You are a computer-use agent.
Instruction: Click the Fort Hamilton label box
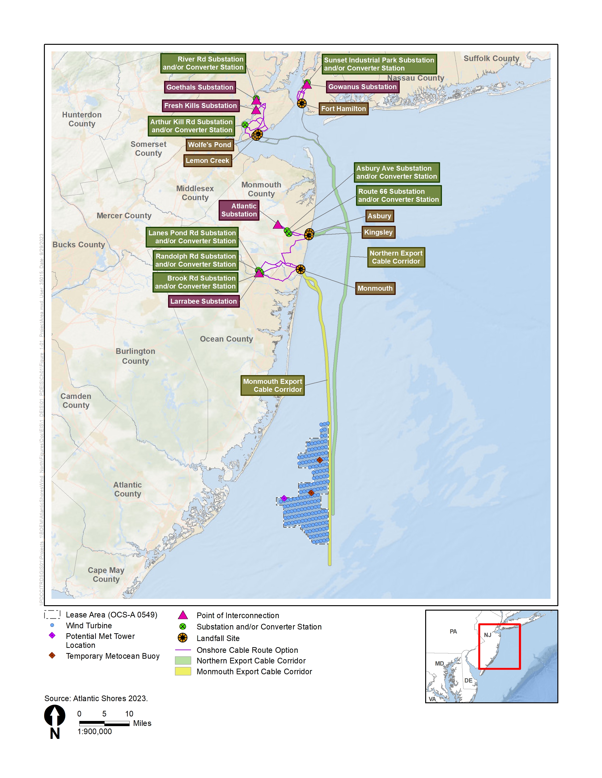(343, 109)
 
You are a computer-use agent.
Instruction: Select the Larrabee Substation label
(203, 301)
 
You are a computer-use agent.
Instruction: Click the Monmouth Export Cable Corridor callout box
(272, 385)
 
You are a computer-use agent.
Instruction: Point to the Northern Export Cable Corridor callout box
(396, 257)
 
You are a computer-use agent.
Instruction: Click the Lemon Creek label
(208, 161)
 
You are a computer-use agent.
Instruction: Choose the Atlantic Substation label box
(239, 210)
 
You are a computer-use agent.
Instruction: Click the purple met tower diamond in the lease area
(284, 498)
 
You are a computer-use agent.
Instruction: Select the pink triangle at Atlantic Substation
(277, 225)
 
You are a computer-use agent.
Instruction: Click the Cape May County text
(106, 575)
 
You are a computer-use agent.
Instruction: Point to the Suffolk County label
(491, 58)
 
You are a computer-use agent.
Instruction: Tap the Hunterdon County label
(82, 119)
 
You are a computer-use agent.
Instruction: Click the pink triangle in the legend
(182, 615)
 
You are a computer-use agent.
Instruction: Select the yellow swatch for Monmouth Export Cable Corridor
(182, 671)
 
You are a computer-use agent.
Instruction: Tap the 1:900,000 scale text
(94, 731)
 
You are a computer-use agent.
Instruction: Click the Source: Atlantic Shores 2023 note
(96, 698)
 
